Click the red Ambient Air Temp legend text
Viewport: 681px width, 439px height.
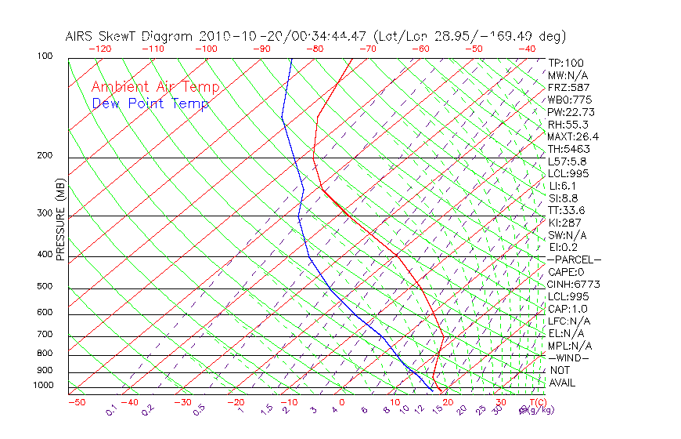point(156,88)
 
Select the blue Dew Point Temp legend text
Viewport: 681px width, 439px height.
point(150,104)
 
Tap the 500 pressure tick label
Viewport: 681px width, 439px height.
point(45,287)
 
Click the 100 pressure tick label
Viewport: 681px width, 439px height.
point(45,56)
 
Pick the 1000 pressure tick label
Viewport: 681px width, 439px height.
point(42,386)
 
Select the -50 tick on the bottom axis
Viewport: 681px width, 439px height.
point(76,403)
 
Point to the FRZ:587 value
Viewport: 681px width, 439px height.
point(569,88)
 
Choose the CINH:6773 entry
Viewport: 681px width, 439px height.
point(574,284)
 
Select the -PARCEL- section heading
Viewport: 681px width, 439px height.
point(574,259)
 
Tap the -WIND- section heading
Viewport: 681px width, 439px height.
point(569,357)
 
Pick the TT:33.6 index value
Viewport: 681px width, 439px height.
point(567,210)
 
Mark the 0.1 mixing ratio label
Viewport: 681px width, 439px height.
point(110,410)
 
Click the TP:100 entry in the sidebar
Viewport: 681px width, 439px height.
point(566,63)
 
